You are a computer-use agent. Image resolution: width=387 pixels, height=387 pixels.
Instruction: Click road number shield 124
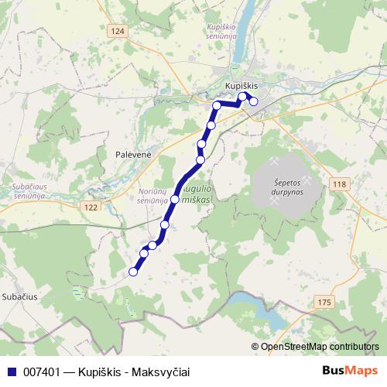116,31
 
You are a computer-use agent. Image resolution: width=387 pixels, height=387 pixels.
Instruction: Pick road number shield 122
91,207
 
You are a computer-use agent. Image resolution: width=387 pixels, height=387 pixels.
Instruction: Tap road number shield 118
338,183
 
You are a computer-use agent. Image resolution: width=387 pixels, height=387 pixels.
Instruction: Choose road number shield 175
324,301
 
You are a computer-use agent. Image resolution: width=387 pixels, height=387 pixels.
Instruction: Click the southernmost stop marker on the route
133,272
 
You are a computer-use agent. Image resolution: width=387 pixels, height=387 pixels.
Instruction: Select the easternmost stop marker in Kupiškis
253,101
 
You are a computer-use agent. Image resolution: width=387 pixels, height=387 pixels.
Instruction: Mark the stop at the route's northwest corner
217,104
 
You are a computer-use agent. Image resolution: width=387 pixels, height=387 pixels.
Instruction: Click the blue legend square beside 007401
10,372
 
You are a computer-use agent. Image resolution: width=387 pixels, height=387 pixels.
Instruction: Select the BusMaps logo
349,371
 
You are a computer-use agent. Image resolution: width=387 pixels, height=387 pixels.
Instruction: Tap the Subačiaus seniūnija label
29,192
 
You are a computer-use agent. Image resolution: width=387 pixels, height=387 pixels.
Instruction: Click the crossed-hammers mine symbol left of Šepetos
275,164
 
